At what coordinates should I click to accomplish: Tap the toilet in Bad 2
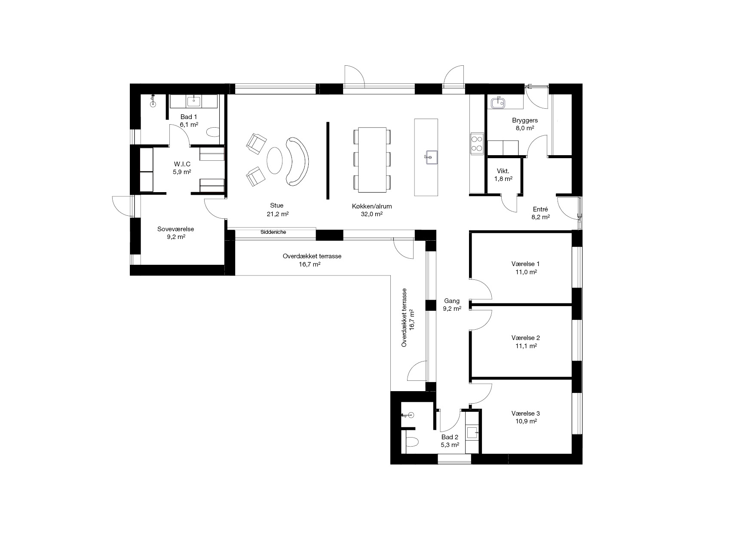pos(413,442)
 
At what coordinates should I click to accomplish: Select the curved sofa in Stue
pos(297,161)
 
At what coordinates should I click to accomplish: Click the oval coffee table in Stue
pos(275,160)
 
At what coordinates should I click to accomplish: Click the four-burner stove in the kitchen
pos(477,144)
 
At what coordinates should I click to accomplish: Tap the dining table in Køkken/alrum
pos(372,159)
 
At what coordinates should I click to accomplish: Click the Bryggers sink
pos(499,102)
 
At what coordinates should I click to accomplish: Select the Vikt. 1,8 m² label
pos(503,175)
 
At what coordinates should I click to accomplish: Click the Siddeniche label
pos(273,232)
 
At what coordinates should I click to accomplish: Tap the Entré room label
pos(540,209)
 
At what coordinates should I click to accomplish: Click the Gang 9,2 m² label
pos(452,305)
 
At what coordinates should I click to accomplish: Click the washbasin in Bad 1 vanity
pos(193,101)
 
